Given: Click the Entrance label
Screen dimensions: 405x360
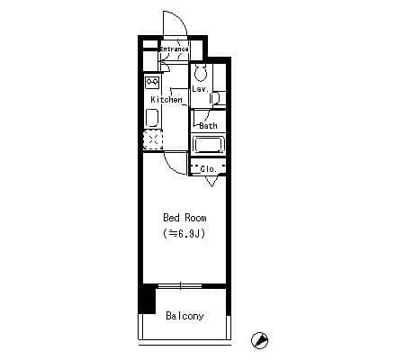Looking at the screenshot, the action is (174, 49).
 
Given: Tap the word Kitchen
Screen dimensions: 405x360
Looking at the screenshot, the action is (166, 99).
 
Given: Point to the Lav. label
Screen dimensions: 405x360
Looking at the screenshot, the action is (200, 89).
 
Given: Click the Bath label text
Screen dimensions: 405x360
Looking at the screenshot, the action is (208, 125).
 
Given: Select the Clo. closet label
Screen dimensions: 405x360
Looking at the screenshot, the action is (208, 169).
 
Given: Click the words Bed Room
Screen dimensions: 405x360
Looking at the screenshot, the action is (184, 218).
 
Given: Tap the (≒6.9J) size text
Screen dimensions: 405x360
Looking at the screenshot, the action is (184, 233).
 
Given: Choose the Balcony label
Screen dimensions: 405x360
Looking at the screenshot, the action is (184, 316).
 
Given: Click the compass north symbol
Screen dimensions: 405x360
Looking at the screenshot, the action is (260, 340).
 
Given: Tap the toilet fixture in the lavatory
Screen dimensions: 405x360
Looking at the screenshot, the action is (201, 73).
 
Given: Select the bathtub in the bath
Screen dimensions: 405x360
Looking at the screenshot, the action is (209, 145).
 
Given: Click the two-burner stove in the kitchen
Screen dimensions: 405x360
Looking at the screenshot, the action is (152, 82).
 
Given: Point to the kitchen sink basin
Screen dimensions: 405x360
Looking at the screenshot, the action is (152, 118).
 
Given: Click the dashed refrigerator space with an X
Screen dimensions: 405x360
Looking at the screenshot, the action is (153, 139).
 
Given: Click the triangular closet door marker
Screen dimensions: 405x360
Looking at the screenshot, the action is (211, 181).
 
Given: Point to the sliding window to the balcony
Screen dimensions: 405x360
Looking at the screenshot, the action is (180, 286).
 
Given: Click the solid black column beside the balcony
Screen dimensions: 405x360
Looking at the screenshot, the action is (148, 299).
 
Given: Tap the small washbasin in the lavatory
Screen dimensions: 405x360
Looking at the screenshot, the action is (215, 98).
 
